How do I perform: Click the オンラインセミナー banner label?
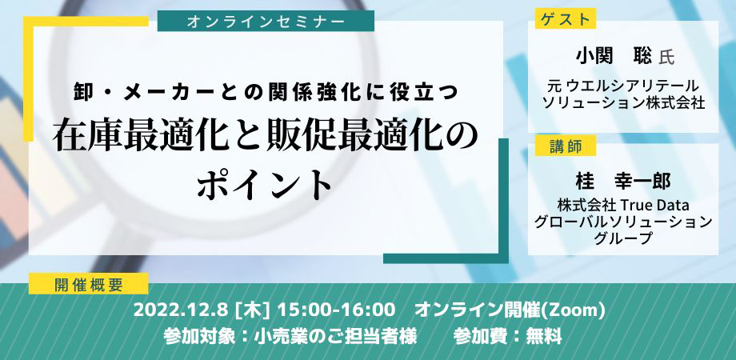266,21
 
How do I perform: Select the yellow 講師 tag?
565,146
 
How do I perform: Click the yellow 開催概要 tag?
88,284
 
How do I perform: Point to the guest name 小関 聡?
614,57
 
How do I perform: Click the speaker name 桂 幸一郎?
623,182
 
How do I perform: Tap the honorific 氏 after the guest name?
666,58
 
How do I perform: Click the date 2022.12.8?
181,310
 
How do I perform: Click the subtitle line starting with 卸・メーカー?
266,92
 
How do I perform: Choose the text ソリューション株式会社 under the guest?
623,102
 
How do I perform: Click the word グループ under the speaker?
623,238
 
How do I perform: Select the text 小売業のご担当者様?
334,337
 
